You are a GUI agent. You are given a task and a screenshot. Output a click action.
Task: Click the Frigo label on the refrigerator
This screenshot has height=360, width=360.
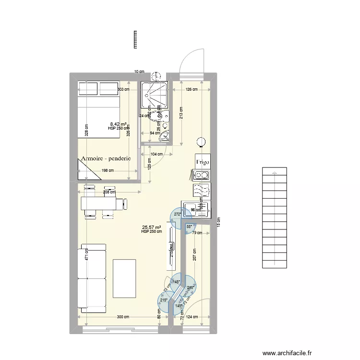pos(202,162)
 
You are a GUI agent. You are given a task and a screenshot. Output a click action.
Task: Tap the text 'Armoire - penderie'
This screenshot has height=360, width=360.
pos(106,158)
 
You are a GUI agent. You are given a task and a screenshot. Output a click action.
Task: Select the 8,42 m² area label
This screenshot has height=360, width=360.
pos(118,123)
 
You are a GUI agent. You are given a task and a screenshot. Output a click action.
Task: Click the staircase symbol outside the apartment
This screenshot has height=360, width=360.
pos(274,217)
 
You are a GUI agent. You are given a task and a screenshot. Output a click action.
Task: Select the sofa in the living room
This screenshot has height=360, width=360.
pos(92,276)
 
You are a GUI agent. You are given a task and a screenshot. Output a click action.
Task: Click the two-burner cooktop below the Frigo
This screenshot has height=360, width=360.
pos(201,176)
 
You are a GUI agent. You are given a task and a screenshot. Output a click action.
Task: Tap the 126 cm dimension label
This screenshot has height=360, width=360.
pos(192,89)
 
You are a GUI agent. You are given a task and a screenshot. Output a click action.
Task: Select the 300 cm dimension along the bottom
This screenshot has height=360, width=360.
pos(123,317)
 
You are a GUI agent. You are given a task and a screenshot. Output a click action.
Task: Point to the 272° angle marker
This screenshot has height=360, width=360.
pos(177,215)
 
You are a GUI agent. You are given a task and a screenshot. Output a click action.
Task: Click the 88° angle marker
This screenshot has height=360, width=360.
pos(189,227)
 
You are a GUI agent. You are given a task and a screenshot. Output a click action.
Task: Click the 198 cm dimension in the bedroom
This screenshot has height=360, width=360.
pos(108,170)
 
